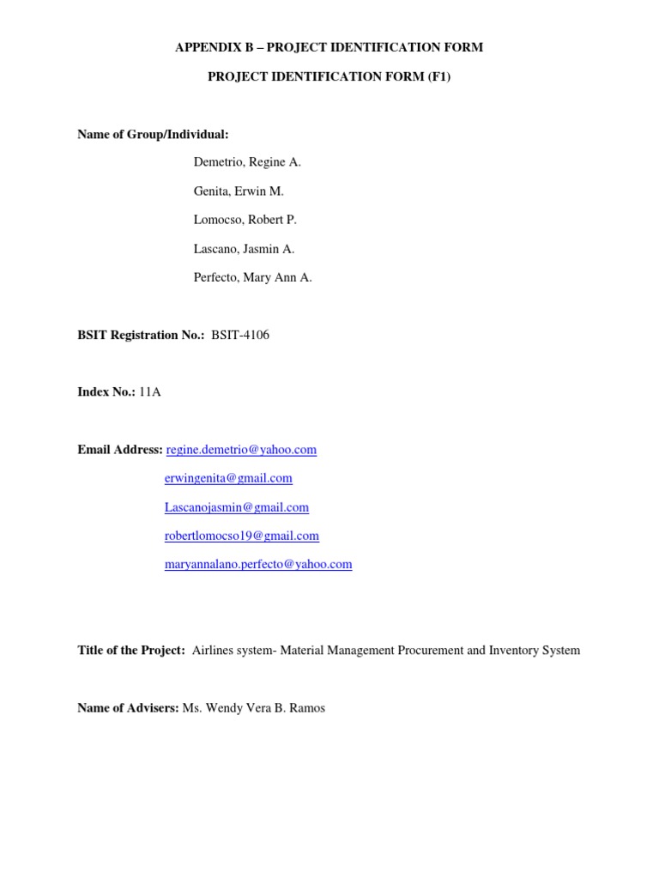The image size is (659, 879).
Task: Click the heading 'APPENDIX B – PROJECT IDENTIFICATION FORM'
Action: coord(329,47)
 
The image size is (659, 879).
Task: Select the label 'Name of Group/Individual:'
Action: coord(154,134)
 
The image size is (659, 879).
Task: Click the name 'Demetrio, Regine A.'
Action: coord(247,162)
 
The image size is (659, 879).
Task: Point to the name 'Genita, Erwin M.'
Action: coord(239,191)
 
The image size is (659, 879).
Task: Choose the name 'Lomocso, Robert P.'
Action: coord(245,220)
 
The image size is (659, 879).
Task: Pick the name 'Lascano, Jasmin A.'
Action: coord(245,249)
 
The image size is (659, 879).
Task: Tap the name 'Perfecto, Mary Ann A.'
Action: coord(253,277)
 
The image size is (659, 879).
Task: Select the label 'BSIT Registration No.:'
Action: coord(141,335)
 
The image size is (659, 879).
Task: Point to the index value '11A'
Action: coord(150,392)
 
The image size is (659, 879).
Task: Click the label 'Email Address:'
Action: coord(120,450)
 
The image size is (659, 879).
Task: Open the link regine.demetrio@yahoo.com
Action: coord(241,450)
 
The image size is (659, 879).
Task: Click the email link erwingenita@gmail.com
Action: coord(228,478)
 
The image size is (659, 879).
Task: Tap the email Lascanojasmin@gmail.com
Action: coord(237,507)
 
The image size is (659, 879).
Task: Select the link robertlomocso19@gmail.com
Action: coord(242,536)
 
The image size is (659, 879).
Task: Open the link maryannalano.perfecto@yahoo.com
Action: coord(258,564)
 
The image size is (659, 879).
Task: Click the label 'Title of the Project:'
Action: coord(131,651)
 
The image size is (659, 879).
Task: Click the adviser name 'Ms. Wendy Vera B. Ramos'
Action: coord(254,708)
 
